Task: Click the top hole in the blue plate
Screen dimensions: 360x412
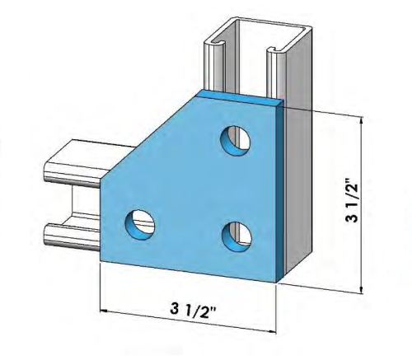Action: coord(236,138)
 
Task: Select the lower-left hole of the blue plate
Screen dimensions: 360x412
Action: coord(140,222)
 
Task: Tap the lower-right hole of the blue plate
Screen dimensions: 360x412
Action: coord(237,235)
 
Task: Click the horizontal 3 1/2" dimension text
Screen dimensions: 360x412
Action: coord(190,310)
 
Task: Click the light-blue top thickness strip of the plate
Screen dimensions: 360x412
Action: coord(239,97)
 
